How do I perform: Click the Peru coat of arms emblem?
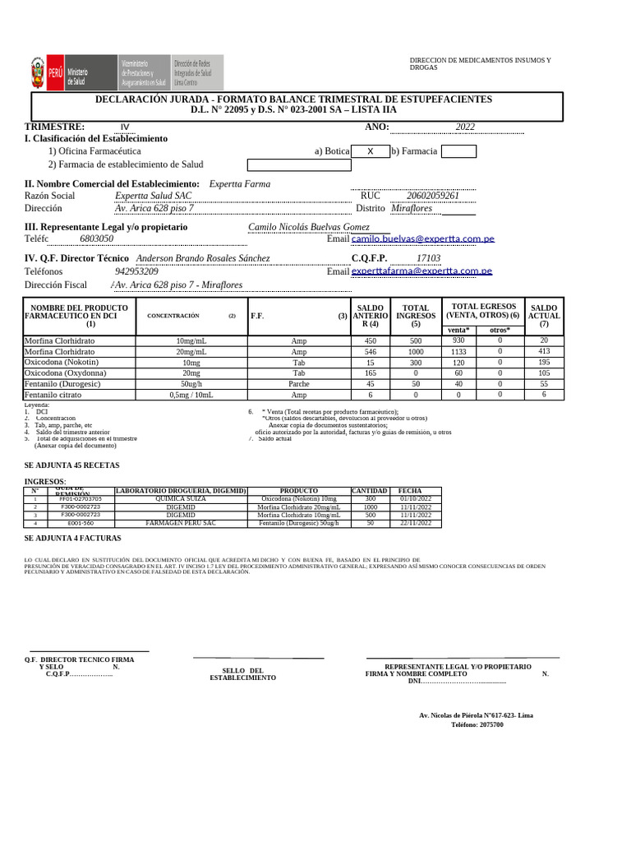(38, 72)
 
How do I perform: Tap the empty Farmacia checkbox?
(458, 151)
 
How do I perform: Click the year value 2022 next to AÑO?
(465, 127)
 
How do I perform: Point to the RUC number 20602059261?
(433, 196)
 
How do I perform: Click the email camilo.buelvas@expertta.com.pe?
(423, 238)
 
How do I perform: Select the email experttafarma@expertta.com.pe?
(421, 271)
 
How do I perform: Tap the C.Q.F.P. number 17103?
(428, 258)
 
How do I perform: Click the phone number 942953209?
(137, 271)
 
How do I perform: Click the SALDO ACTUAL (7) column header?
(544, 316)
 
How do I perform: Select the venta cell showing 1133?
(458, 351)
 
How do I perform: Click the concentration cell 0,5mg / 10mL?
(191, 395)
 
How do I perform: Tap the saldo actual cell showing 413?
(544, 351)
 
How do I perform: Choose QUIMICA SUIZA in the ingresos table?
(181, 498)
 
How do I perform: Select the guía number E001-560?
(81, 523)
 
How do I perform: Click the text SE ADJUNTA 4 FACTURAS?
(72, 538)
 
